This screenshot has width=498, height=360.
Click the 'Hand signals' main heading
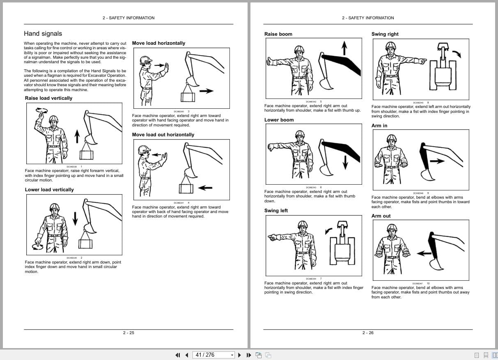click(43, 34)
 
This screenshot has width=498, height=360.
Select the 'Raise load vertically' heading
click(48, 98)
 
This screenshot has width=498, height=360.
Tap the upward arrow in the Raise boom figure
click(344, 48)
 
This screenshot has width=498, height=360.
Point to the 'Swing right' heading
click(385, 34)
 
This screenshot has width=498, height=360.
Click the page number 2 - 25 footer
click(129, 333)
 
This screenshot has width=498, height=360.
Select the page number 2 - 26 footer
click(368, 333)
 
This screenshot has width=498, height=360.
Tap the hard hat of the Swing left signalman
click(303, 225)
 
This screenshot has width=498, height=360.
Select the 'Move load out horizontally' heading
click(163, 135)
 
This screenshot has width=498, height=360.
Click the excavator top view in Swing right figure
click(443, 72)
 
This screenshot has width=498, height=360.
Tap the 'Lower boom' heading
click(279, 120)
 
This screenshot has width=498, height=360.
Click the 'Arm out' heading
click(381, 216)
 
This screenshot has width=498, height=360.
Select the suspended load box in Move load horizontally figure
click(188, 97)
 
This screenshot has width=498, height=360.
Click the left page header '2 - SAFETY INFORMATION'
click(129, 18)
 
